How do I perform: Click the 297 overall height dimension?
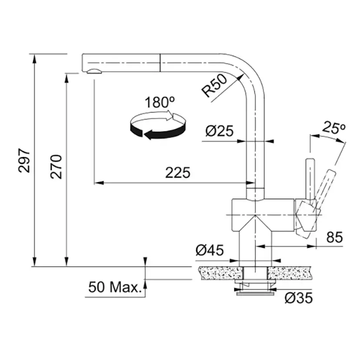click(x=24, y=160)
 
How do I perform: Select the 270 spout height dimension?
click(x=56, y=167)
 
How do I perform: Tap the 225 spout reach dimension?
click(x=178, y=173)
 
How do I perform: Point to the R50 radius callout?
click(x=214, y=86)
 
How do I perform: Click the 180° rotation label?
click(x=160, y=102)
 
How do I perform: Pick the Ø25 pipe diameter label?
click(x=220, y=131)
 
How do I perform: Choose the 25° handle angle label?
click(x=333, y=128)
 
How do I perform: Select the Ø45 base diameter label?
click(x=210, y=250)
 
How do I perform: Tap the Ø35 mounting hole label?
click(x=299, y=298)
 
